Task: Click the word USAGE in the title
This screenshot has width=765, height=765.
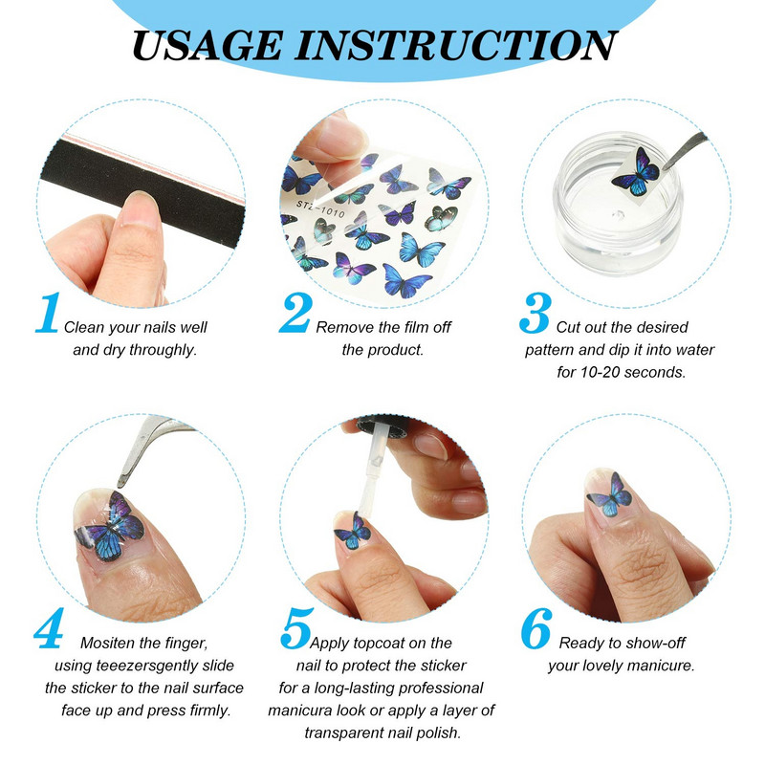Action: pyautogui.click(x=208, y=45)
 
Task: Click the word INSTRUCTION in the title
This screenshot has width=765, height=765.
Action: pyautogui.click(x=455, y=45)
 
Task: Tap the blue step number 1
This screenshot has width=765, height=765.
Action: pyautogui.click(x=49, y=314)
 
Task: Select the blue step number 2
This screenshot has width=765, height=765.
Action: pyautogui.click(x=295, y=314)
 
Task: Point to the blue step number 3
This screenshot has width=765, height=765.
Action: pyautogui.click(x=535, y=314)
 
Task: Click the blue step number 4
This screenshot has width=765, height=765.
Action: pyautogui.click(x=50, y=628)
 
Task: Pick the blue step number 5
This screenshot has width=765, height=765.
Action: pyautogui.click(x=296, y=628)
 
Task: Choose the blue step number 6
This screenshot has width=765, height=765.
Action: pyautogui.click(x=536, y=628)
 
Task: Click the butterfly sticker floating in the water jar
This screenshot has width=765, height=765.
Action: pyautogui.click(x=636, y=171)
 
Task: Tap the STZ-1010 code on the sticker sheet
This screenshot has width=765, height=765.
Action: pyautogui.click(x=320, y=209)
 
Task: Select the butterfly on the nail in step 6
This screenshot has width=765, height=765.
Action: pyautogui.click(x=610, y=495)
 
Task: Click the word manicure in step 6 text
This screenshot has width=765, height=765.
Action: pyautogui.click(x=662, y=666)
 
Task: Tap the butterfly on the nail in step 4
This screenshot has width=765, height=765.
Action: pyautogui.click(x=110, y=527)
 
